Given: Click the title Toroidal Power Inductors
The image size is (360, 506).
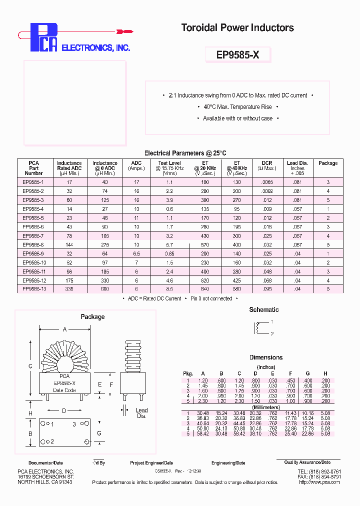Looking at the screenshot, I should (x=237, y=28).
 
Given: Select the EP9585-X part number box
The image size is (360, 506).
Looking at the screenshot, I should (x=237, y=54).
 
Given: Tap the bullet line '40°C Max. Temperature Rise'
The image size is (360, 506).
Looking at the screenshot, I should (x=237, y=107).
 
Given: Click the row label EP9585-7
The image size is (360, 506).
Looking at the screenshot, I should (x=33, y=235).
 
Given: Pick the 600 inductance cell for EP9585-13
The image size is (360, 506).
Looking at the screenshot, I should (x=105, y=289).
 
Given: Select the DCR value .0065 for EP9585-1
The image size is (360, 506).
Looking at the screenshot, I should (x=266, y=182).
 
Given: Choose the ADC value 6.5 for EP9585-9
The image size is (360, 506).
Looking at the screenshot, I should (x=136, y=253).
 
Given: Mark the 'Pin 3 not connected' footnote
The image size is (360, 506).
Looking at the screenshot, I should (x=211, y=298).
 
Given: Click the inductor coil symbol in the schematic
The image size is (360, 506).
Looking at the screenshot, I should (x=258, y=327).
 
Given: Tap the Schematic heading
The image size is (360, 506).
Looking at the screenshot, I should (x=263, y=310).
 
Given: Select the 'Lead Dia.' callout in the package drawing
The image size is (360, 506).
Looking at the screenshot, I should (x=141, y=413).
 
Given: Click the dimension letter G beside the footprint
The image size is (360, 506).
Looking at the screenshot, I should (x=99, y=433).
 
